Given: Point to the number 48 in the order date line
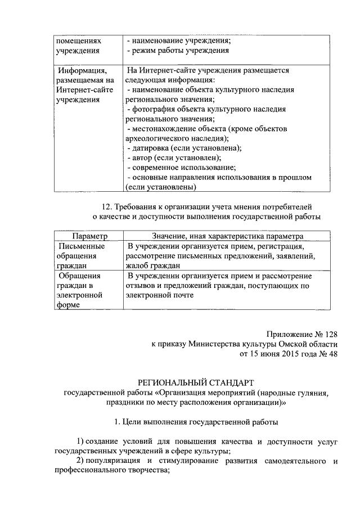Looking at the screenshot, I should coord(331,354).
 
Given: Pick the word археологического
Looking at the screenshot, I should coord(161,138).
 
